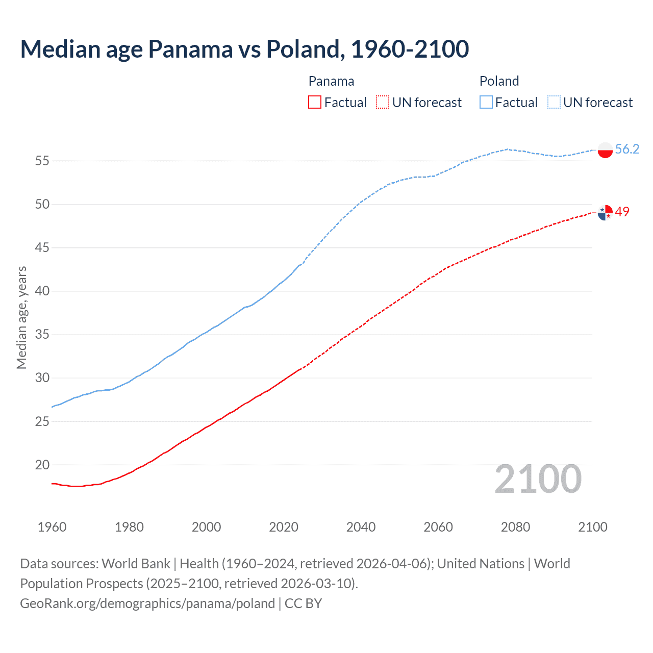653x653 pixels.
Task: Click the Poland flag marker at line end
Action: point(605,150)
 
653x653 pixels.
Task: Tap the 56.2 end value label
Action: point(627,149)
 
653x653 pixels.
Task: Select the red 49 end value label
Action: point(622,212)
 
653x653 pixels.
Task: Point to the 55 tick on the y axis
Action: point(42,161)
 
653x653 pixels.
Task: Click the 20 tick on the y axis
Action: point(42,465)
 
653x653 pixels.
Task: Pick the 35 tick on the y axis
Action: point(42,335)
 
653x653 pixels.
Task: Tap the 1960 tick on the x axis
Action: point(52,527)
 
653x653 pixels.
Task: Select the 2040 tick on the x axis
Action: point(361,527)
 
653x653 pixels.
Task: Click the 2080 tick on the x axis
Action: point(515,527)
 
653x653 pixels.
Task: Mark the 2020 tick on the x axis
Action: point(284,527)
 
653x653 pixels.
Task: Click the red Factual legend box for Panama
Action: point(315,103)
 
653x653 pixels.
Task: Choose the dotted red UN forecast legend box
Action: point(383,103)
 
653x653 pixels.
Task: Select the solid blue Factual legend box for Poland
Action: point(486,103)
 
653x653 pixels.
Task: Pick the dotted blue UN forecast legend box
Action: point(554,103)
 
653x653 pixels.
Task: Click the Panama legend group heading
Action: point(331,81)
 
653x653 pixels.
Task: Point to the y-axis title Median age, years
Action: point(21,317)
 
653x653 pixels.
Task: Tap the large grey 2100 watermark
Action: point(538,479)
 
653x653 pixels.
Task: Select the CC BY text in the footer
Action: point(303,604)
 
